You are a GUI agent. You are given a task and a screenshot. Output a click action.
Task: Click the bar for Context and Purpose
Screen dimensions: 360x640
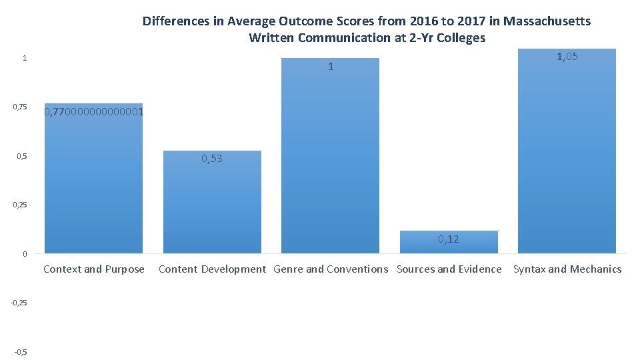(93, 187)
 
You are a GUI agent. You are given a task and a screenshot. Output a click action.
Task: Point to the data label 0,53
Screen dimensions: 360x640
(212, 159)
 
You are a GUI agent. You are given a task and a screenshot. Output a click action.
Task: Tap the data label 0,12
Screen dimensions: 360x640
(449, 239)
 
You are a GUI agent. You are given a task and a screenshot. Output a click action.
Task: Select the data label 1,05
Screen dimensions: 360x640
(567, 57)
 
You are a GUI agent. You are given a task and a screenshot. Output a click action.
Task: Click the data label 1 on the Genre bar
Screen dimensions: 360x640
(331, 67)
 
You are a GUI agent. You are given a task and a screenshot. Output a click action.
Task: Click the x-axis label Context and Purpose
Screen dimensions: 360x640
(93, 269)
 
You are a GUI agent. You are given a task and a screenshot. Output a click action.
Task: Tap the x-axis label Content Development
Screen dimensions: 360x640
(212, 269)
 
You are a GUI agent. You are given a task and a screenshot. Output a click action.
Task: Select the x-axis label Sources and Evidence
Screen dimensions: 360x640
(449, 269)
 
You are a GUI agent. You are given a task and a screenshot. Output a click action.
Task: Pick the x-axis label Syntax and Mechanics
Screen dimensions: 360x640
(567, 269)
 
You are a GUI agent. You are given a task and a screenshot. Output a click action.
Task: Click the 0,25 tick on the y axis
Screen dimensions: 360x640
(19, 205)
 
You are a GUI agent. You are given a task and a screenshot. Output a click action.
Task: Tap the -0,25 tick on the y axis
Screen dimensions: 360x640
(19, 303)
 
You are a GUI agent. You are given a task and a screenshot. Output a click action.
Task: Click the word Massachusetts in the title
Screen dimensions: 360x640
(547, 21)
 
